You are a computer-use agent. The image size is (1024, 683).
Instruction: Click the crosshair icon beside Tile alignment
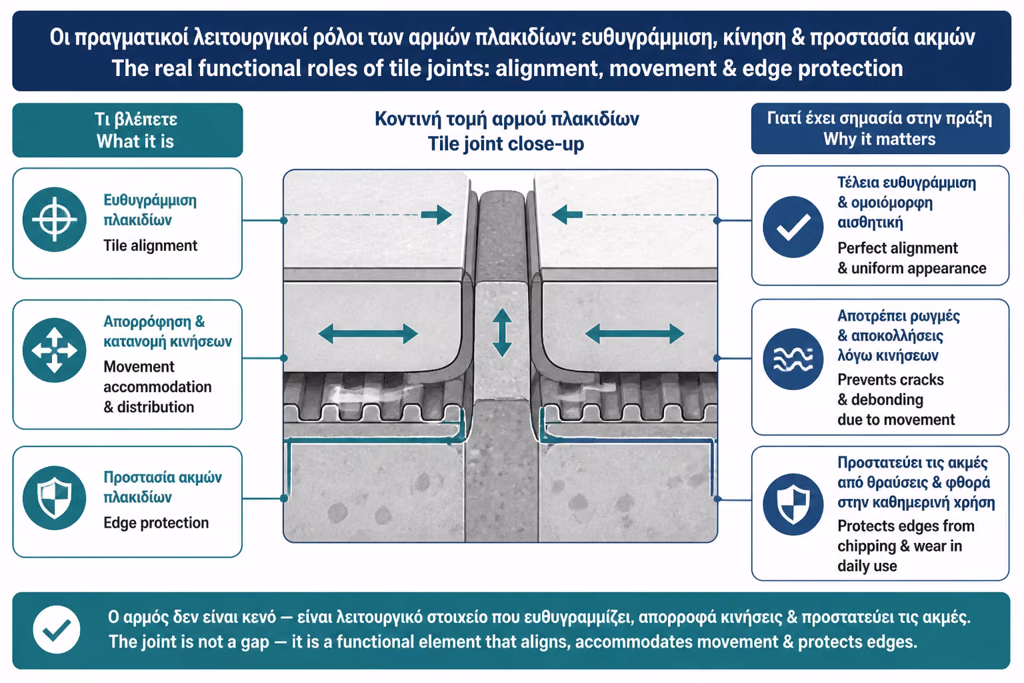55,219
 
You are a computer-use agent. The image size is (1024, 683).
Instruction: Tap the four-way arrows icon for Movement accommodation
55,350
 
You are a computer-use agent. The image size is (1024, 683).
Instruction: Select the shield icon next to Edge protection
55,498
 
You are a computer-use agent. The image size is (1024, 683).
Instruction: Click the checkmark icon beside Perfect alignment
793,227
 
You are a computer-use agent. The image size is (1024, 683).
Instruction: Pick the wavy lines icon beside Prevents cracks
793,359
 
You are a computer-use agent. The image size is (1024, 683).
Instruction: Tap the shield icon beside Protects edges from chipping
793,504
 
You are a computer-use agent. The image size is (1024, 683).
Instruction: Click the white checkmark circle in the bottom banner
57,630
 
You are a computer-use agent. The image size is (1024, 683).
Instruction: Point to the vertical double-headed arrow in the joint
502,333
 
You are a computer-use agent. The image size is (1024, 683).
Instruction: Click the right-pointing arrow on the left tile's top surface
437,215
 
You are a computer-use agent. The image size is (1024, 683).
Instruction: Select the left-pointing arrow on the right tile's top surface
567,215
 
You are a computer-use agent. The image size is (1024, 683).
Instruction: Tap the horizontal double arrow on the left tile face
368,334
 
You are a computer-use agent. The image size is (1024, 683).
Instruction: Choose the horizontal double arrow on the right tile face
635,334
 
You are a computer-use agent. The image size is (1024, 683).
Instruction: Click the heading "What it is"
135,141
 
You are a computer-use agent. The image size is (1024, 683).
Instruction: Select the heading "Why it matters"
879,139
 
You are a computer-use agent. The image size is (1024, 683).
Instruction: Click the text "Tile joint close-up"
505,143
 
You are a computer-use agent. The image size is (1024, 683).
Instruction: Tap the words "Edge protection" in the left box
156,522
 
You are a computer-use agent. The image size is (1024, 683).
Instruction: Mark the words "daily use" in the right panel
867,566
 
